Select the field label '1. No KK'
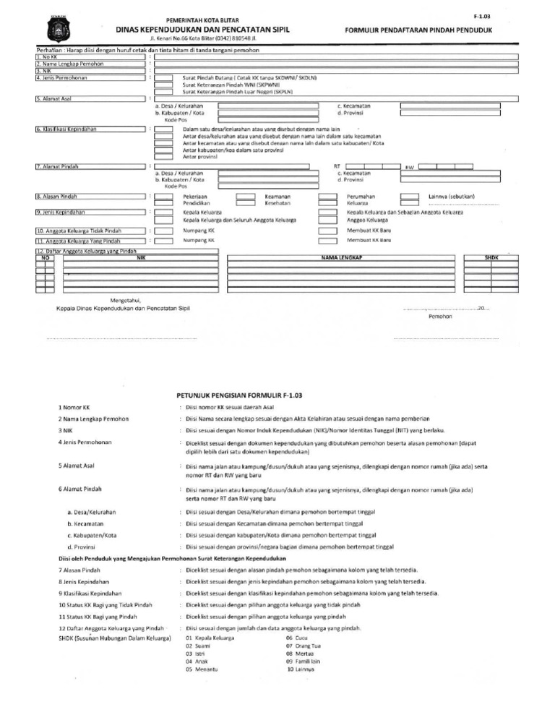pos(46,56)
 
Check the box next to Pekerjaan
pos(163,197)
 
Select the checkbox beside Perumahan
pos(327,197)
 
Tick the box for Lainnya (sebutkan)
pos(409,197)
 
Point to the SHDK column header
pos(491,257)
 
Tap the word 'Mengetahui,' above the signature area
pos(125,299)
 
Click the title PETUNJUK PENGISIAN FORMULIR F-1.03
pos(239,395)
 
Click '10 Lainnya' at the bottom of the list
pos(301,669)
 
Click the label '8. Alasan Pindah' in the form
pos(57,197)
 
